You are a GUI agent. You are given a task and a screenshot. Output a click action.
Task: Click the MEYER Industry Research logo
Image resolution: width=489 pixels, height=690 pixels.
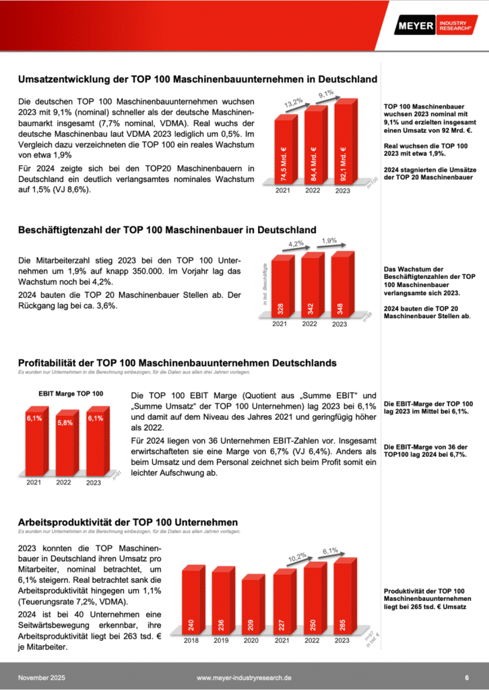pyautogui.click(x=436, y=26)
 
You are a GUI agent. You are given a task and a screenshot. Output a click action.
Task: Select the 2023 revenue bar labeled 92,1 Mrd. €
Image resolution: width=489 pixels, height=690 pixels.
pyautogui.click(x=343, y=143)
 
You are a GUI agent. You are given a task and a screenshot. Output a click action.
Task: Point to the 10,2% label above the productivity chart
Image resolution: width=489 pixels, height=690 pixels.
pyautogui.click(x=297, y=557)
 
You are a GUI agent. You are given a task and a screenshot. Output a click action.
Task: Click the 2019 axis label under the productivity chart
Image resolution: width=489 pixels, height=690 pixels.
pyautogui.click(x=220, y=641)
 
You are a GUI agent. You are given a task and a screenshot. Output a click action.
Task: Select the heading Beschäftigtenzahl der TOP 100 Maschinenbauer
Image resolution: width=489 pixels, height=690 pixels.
pyautogui.click(x=167, y=230)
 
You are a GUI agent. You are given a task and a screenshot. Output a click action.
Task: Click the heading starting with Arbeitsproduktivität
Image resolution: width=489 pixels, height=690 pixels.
pyautogui.click(x=128, y=522)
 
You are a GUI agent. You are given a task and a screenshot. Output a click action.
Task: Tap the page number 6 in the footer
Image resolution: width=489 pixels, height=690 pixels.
pyautogui.click(x=467, y=677)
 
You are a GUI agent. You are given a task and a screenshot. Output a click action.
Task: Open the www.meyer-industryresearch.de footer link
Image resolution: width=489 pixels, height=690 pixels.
pyautogui.click(x=244, y=677)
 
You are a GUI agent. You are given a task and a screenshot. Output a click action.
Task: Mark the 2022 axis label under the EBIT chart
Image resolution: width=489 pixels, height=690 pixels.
pyautogui.click(x=63, y=482)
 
